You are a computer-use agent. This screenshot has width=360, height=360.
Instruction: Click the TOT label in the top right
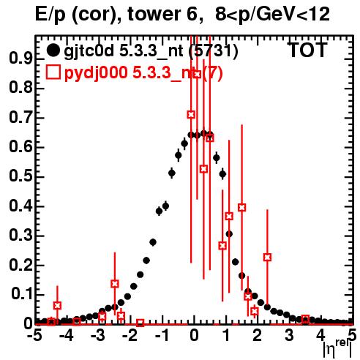coord(308,50)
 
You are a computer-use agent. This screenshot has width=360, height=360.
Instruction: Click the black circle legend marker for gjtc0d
coord(53,50)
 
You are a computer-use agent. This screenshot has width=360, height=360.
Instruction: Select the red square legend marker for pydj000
coord(53,72)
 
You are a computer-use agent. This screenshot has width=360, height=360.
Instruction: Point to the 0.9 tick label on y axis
coord(20,59)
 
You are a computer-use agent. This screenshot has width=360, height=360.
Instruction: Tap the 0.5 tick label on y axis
coord(20,176)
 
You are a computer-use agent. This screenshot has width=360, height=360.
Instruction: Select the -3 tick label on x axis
coord(98,336)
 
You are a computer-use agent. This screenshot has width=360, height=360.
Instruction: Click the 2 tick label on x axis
coord(257,336)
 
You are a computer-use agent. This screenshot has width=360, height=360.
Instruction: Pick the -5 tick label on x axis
coord(34,336)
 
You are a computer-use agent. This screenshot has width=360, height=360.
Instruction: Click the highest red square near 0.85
coord(198,75)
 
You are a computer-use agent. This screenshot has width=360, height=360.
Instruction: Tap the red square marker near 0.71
coord(191,114)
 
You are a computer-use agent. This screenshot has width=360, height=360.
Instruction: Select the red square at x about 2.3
coord(267,257)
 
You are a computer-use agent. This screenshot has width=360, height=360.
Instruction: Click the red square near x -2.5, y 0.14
coord(115,284)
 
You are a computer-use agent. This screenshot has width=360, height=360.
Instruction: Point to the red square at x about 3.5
coord(305,319)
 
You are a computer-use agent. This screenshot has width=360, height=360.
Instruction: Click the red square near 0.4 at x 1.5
coord(242,208)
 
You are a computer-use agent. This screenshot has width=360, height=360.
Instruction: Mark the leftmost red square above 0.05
coord(57,305)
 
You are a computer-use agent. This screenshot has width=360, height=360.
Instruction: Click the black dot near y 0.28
coord(153,242)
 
